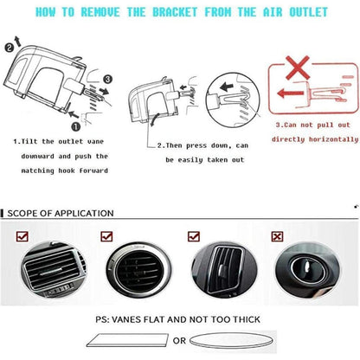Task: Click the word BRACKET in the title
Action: [x=175, y=12]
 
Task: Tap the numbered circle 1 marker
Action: [x=76, y=126]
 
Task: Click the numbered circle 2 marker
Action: [x=10, y=48]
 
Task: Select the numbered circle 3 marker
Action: [x=107, y=79]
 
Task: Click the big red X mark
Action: [x=298, y=68]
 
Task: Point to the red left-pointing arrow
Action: [x=291, y=93]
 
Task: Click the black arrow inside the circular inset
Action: [x=227, y=87]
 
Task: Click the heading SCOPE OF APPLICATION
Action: [x=61, y=214]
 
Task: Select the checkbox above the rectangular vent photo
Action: [x=22, y=236]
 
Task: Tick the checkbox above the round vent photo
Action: [x=106, y=236]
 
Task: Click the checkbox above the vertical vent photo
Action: [x=194, y=236]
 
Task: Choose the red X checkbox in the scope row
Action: [x=277, y=236]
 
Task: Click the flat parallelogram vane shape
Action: [x=127, y=340]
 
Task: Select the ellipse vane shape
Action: [x=230, y=341]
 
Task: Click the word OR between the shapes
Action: [x=179, y=341]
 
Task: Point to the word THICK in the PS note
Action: [x=247, y=319]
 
